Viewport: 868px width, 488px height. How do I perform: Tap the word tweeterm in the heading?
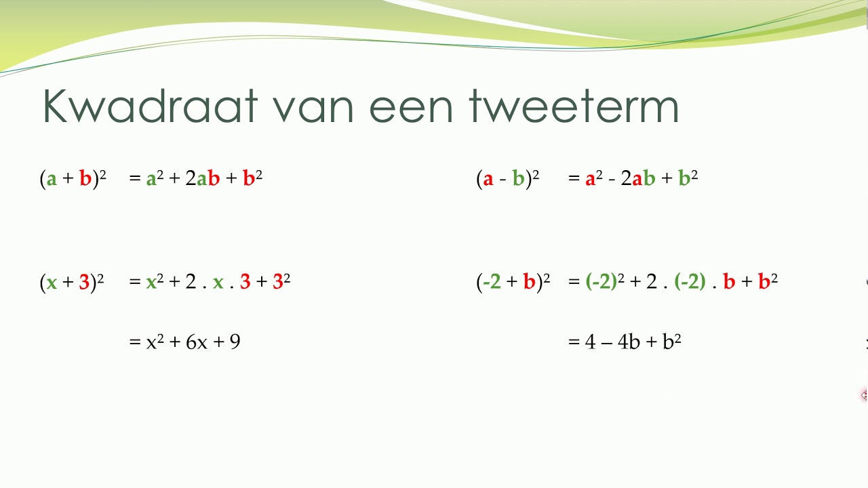point(574,106)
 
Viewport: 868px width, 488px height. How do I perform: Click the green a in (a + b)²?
point(52,180)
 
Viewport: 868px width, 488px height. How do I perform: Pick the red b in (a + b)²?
point(85,179)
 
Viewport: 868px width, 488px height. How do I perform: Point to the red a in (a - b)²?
point(488,180)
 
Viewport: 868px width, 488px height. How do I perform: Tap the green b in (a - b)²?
point(518,179)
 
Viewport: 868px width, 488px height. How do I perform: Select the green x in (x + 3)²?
point(52,283)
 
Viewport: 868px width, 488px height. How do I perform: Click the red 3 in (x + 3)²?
point(84,282)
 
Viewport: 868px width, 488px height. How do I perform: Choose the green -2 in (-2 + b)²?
point(492,282)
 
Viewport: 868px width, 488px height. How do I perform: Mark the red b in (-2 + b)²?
point(529,282)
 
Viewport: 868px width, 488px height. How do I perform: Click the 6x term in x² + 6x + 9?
point(197,342)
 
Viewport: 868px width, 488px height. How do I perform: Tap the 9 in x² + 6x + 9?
point(235,342)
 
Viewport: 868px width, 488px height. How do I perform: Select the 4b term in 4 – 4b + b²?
point(629,342)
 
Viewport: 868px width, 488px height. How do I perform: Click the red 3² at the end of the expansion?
point(281,281)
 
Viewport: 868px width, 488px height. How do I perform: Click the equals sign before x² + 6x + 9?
point(134,342)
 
